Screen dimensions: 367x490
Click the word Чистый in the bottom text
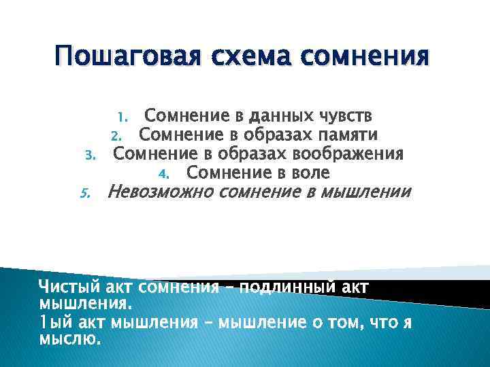tap(62, 286)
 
